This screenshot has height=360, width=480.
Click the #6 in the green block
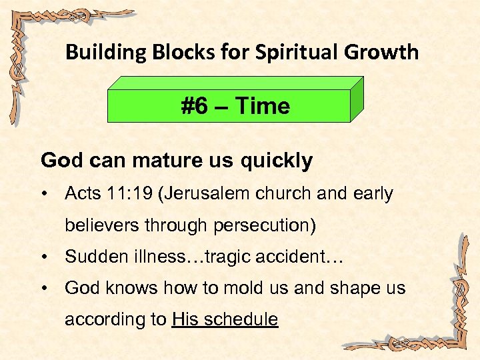pyautogui.click(x=195, y=106)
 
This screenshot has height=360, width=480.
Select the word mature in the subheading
pyautogui.click(x=154, y=161)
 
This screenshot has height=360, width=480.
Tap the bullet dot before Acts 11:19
pyautogui.click(x=44, y=195)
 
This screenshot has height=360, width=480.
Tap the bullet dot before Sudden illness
pyautogui.click(x=44, y=257)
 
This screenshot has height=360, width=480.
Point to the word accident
pyautogui.click(x=299, y=257)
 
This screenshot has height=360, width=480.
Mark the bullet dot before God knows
pyautogui.click(x=44, y=289)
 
